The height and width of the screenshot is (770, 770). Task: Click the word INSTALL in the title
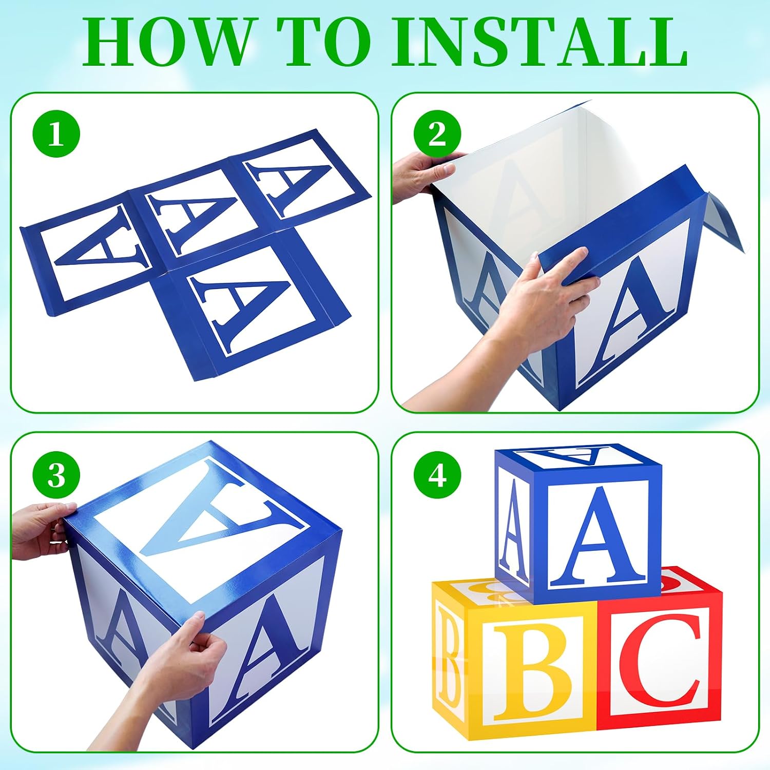540,43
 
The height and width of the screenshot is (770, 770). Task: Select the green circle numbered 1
56,134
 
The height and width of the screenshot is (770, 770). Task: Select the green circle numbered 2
437,134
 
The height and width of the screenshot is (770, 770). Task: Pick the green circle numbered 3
56,475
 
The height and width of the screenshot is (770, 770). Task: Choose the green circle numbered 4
437,475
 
